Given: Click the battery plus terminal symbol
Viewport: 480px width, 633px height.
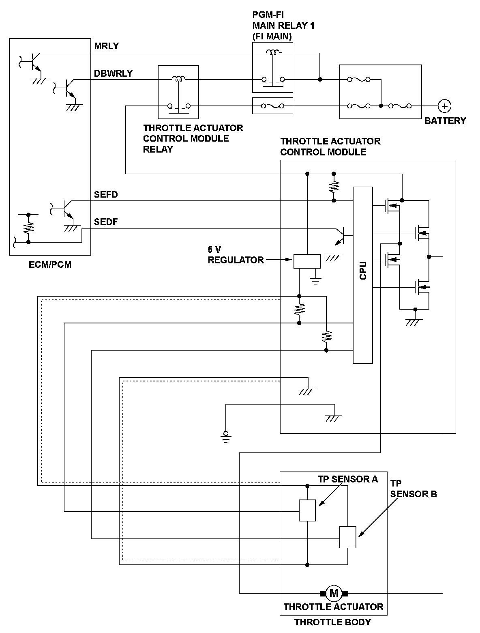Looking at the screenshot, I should pyautogui.click(x=445, y=106).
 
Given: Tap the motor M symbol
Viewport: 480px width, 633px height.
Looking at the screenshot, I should pyautogui.click(x=334, y=593).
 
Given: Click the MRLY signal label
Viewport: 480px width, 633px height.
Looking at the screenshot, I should pyautogui.click(x=107, y=46).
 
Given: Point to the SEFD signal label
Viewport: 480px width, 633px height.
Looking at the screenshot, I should pyautogui.click(x=106, y=195).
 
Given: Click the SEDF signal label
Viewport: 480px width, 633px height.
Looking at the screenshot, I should pyautogui.click(x=106, y=222).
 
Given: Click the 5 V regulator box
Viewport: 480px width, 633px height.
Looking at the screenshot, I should pyautogui.click(x=306, y=261).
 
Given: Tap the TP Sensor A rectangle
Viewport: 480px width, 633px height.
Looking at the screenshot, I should pyautogui.click(x=307, y=510).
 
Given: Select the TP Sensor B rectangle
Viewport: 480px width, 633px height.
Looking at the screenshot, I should pyautogui.click(x=348, y=537).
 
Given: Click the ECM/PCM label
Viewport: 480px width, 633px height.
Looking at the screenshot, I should pyautogui.click(x=51, y=265).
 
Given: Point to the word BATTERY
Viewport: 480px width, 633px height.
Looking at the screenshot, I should pyautogui.click(x=445, y=121).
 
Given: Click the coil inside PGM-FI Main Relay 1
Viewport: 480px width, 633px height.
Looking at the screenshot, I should pyautogui.click(x=272, y=52).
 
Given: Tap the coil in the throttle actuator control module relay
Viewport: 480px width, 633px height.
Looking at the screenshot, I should pyautogui.click(x=178, y=79).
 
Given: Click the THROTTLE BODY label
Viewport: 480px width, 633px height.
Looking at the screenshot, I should pyautogui.click(x=332, y=622).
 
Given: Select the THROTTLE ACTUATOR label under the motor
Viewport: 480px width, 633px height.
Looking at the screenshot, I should pyautogui.click(x=333, y=607).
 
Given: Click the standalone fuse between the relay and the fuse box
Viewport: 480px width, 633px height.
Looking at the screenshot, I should pyautogui.click(x=272, y=106).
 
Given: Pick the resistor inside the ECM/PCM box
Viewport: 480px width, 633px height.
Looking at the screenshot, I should pyautogui.click(x=28, y=228).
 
